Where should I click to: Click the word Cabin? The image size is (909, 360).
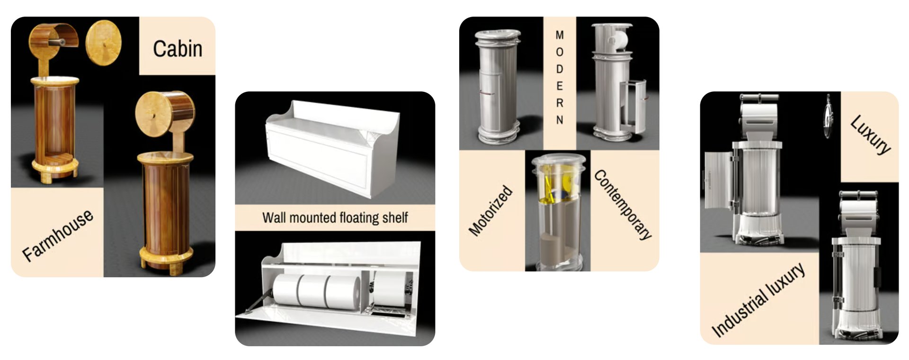click(x=178, y=49)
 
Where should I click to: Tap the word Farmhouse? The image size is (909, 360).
click(x=58, y=235)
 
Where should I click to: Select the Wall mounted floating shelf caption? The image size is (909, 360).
click(x=335, y=218)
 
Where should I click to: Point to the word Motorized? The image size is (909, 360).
click(x=490, y=210)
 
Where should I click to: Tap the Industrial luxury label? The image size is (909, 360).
click(x=758, y=300)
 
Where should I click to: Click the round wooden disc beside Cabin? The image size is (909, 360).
click(x=103, y=43)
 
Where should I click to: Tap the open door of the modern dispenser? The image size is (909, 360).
click(x=633, y=107)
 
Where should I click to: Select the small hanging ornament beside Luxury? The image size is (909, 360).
click(x=827, y=117)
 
